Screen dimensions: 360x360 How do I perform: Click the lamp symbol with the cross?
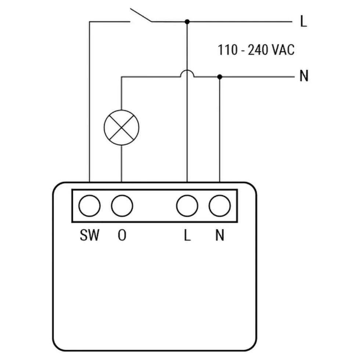click(x=122, y=128)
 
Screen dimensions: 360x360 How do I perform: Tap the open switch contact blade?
click(x=141, y=15)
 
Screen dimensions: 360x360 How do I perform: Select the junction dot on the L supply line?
click(x=187, y=22)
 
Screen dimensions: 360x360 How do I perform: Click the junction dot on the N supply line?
click(x=220, y=77)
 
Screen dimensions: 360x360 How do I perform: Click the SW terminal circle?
click(x=90, y=206)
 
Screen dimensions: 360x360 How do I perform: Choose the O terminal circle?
click(x=122, y=206)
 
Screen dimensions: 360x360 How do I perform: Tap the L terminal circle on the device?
click(x=187, y=206)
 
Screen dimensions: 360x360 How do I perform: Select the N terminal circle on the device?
click(x=220, y=206)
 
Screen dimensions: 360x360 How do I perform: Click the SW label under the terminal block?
click(x=90, y=235)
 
